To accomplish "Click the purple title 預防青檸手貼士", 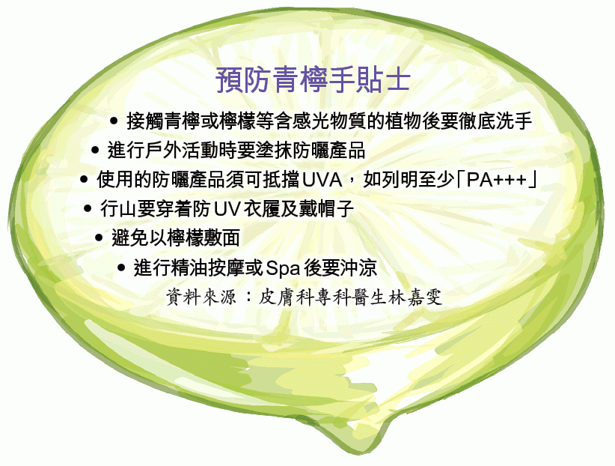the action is [313, 80].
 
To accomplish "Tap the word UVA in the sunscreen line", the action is [322, 180].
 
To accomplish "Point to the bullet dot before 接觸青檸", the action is [114, 121].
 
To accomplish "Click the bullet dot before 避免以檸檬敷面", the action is [99, 237].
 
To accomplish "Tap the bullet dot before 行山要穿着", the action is [88, 208].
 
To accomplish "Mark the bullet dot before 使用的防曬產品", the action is [84, 180].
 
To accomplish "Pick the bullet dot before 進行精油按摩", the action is [121, 268].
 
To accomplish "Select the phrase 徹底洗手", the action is [495, 121].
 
